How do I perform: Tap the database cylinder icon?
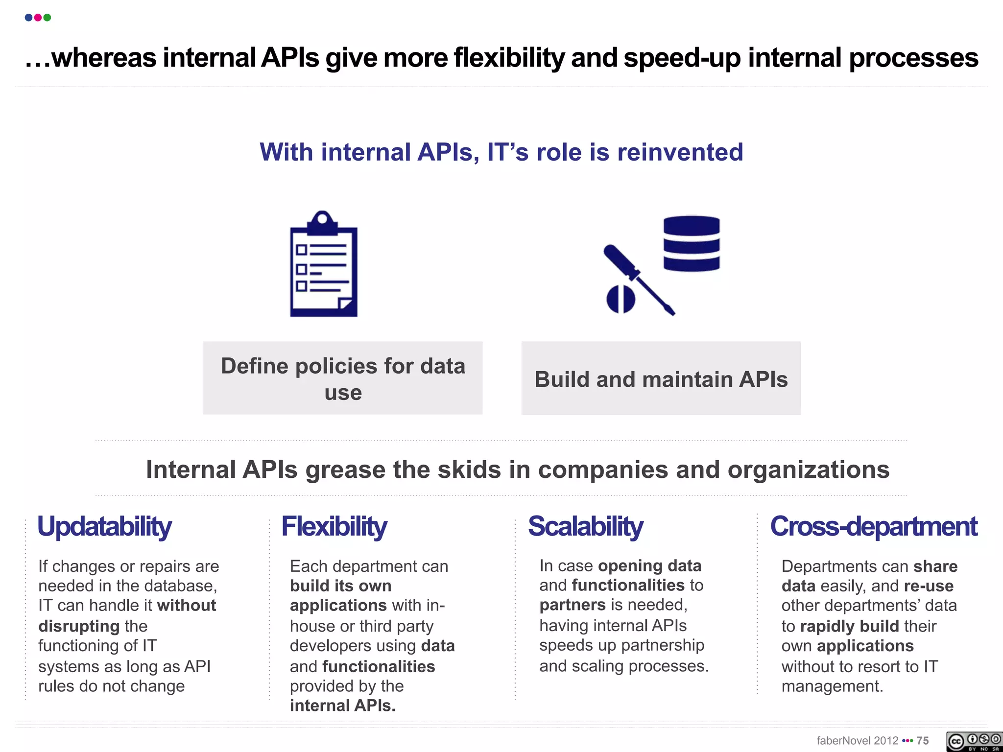pyautogui.click(x=691, y=244)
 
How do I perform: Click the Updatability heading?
pyautogui.click(x=104, y=527)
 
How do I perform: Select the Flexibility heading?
pyautogui.click(x=334, y=527)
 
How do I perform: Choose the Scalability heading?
pyautogui.click(x=585, y=527)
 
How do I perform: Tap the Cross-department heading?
pyautogui.click(x=873, y=527)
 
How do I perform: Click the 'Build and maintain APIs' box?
pyautogui.click(x=661, y=378)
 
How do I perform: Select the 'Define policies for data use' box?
pyautogui.click(x=343, y=378)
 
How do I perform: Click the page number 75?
pyautogui.click(x=923, y=741)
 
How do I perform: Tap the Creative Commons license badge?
pyautogui.click(x=974, y=741)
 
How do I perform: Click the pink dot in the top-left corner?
pyautogui.click(x=38, y=18)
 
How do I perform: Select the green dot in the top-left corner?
pyautogui.click(x=48, y=18)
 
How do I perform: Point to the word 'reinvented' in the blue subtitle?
pyautogui.click(x=680, y=152)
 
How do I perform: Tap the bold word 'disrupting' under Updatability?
pyautogui.click(x=79, y=626)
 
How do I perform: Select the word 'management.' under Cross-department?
pyautogui.click(x=832, y=686)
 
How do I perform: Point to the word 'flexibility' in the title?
pyautogui.click(x=509, y=58)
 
